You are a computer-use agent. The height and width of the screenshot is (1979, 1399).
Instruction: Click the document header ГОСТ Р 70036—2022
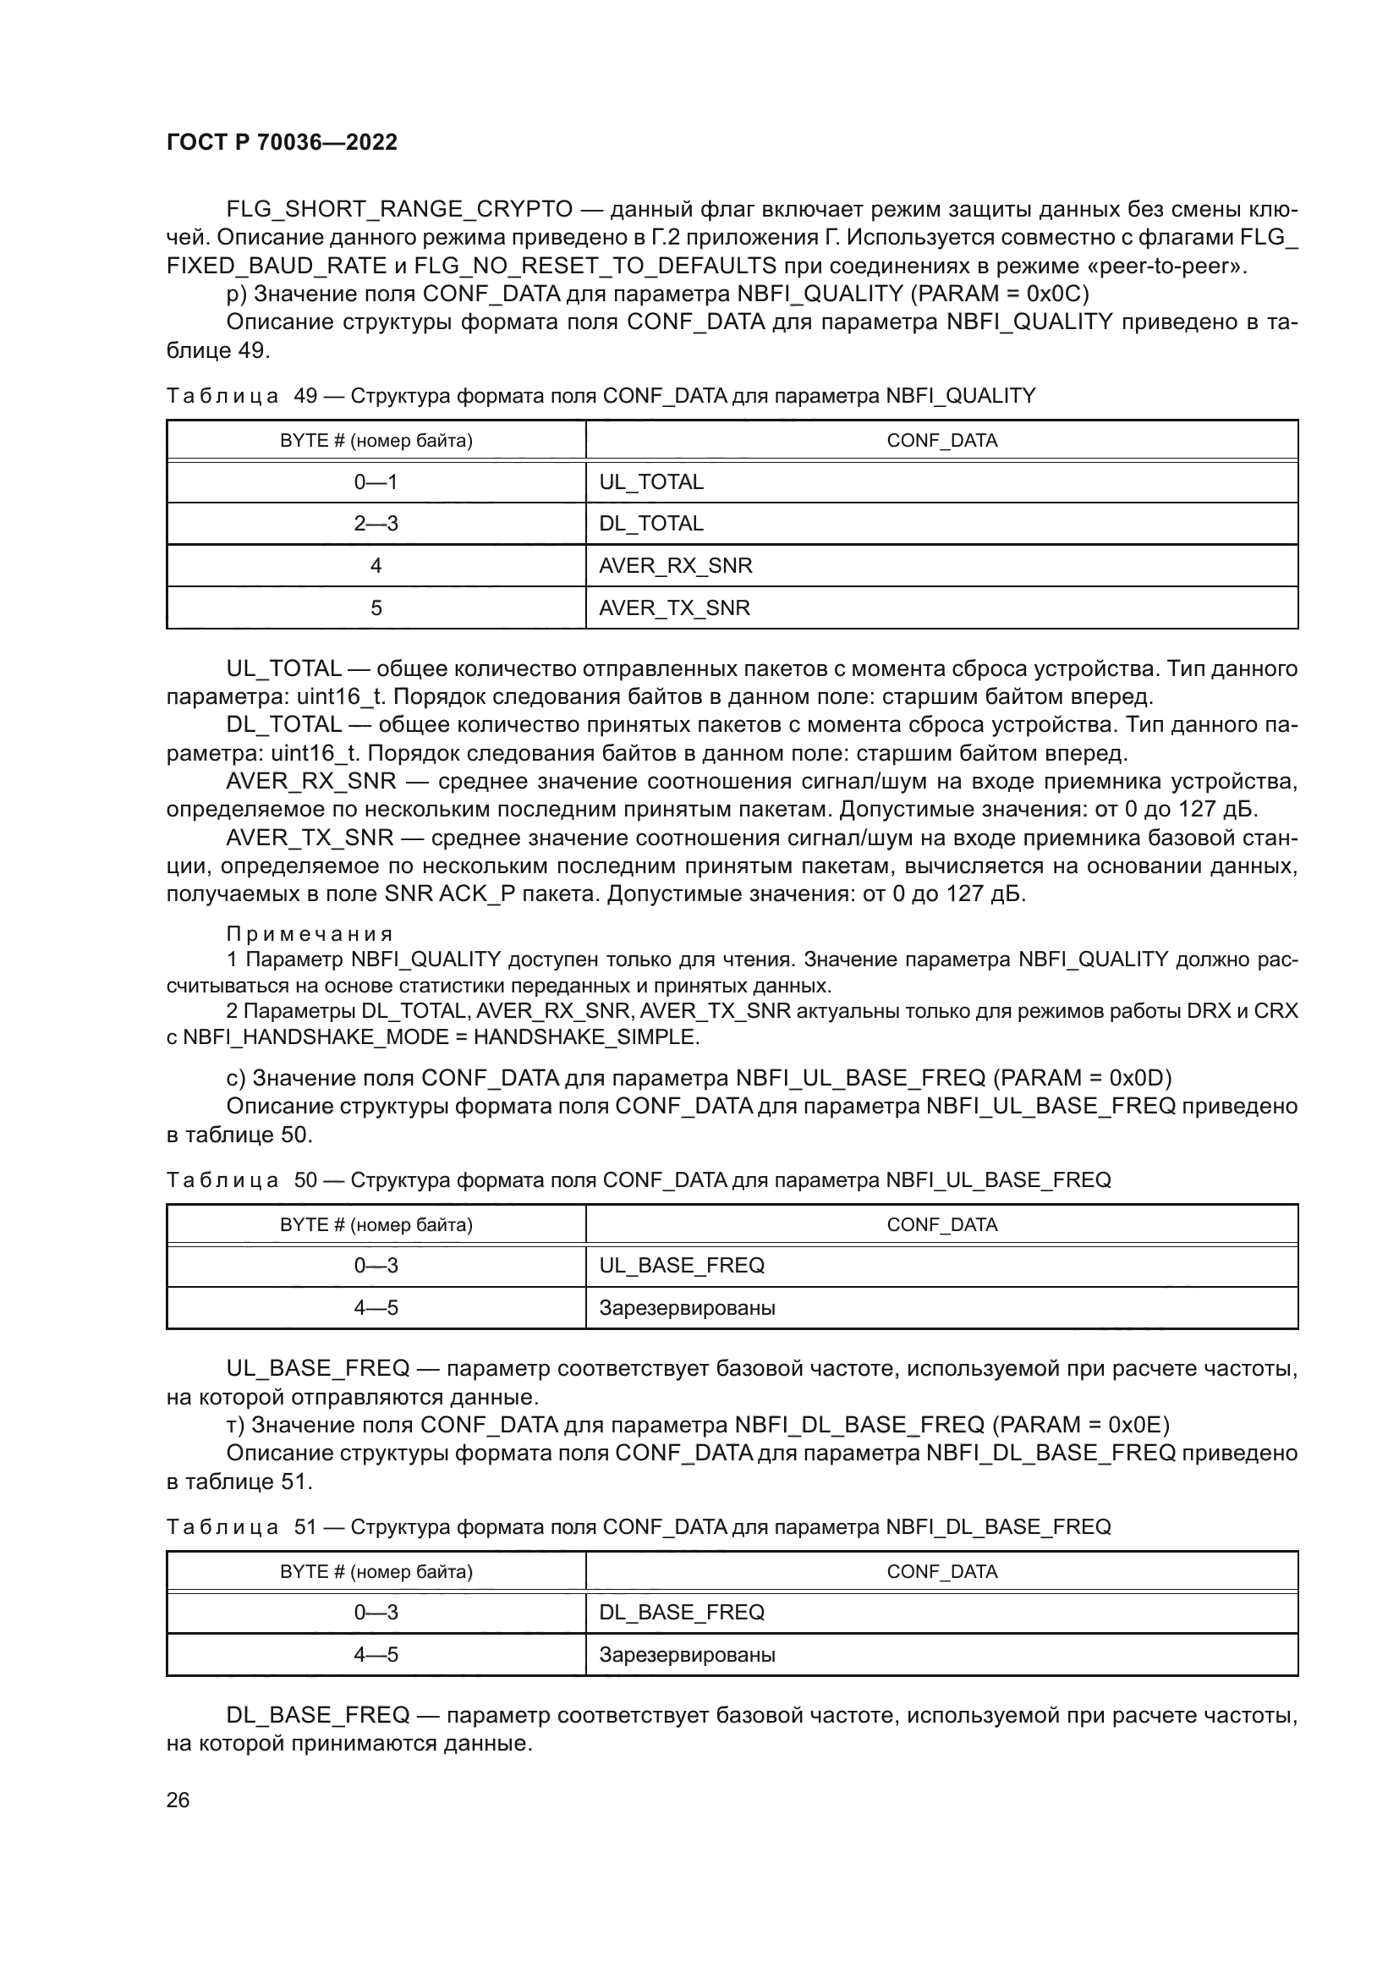pyautogui.click(x=282, y=143)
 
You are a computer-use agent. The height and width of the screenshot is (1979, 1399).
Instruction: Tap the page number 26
pyautogui.click(x=178, y=1800)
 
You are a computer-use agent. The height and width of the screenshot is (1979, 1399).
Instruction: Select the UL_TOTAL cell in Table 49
pyautogui.click(x=651, y=481)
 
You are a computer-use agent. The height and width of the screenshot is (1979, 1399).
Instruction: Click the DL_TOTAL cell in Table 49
pyautogui.click(x=651, y=523)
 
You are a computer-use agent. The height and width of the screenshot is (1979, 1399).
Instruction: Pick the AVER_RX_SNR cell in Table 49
pyautogui.click(x=675, y=565)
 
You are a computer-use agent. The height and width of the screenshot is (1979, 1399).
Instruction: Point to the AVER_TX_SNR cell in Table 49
pyautogui.click(x=674, y=607)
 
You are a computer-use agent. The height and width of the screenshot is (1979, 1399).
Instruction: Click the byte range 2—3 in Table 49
pyautogui.click(x=376, y=523)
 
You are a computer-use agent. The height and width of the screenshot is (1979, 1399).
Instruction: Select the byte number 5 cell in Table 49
pyautogui.click(x=376, y=607)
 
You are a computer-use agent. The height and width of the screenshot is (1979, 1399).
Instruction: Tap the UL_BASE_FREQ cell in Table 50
pyautogui.click(x=682, y=1265)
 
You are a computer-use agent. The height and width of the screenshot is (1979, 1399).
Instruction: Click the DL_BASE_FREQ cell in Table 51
pyautogui.click(x=682, y=1612)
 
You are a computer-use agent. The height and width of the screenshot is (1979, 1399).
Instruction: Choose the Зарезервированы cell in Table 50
pyautogui.click(x=687, y=1307)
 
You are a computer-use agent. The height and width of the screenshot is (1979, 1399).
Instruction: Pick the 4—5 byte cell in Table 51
pyautogui.click(x=376, y=1654)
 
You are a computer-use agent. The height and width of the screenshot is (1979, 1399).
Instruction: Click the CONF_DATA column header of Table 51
pyautogui.click(x=941, y=1571)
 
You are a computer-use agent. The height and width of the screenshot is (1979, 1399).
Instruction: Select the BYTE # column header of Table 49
pyautogui.click(x=376, y=441)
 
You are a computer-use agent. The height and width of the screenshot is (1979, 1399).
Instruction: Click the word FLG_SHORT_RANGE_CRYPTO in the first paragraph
pyautogui.click(x=399, y=210)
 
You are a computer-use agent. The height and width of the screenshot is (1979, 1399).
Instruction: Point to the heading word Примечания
pyautogui.click(x=310, y=934)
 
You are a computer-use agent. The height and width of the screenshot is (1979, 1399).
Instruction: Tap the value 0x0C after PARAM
pyautogui.click(x=1057, y=294)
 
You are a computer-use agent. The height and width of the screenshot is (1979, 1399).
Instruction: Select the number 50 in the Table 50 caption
pyautogui.click(x=306, y=1180)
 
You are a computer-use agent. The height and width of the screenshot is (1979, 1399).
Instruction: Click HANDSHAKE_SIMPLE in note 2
pyautogui.click(x=585, y=1037)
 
